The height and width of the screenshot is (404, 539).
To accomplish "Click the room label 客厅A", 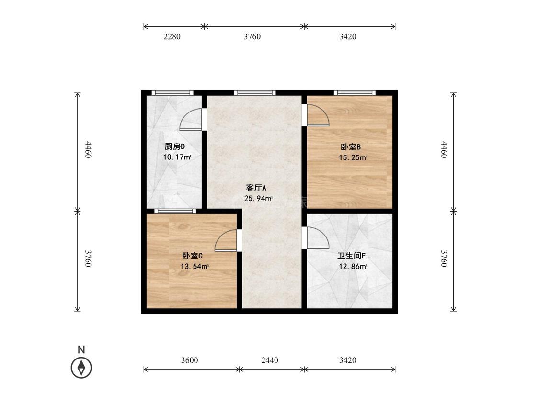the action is coord(256,188).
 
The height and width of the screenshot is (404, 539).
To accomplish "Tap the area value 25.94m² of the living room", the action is coord(258,198).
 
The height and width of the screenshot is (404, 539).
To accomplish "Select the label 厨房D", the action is coord(174,146).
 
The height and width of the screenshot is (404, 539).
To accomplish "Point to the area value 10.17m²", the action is coord(177,157).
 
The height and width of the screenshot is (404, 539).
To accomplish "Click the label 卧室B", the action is coord(351,147).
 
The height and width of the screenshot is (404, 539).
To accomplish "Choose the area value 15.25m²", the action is coord(353,157).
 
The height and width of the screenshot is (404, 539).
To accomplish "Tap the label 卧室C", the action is coord(192,256).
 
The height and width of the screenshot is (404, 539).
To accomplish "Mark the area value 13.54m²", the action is coord(195,266).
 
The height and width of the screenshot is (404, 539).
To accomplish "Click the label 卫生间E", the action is coord(351,256).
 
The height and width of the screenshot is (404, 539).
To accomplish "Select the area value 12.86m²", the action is coord(353,266).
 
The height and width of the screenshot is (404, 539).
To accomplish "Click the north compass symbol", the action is coord(81,367).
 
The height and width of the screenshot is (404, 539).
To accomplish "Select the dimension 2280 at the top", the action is coord(172,36).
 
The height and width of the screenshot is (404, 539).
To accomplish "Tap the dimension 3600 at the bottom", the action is coord(189,360).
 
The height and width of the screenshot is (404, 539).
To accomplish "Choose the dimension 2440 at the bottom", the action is coord(270,360).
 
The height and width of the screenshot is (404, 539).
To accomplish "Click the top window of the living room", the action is coord(255,93).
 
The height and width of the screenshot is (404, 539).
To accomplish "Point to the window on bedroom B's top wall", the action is coord(355,93).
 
